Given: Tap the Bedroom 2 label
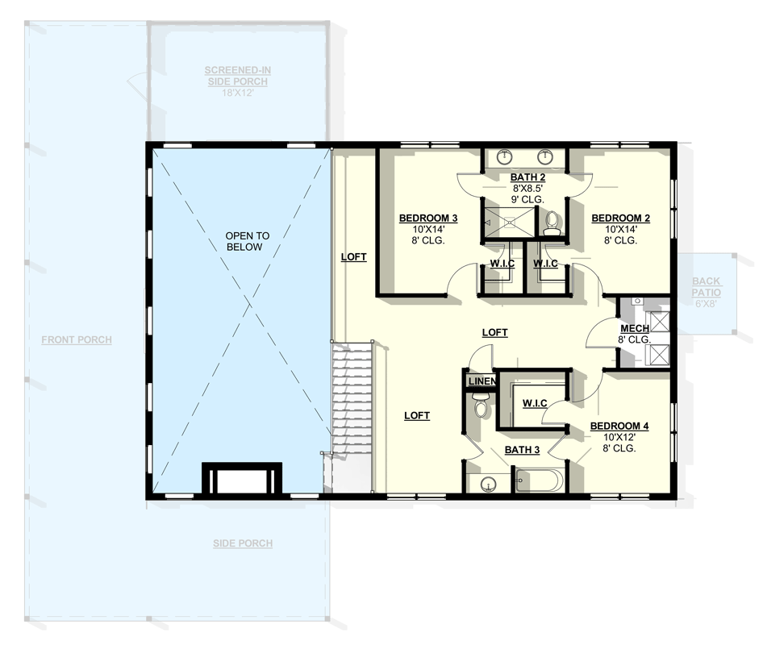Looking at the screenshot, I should pyautogui.click(x=620, y=218).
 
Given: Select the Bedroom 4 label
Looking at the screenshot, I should pyautogui.click(x=619, y=426).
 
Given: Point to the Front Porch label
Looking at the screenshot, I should pyautogui.click(x=77, y=339).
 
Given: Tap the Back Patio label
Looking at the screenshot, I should pyautogui.click(x=706, y=286).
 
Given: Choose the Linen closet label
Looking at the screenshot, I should pyautogui.click(x=481, y=381).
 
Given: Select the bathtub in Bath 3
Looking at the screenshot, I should pyautogui.click(x=539, y=481).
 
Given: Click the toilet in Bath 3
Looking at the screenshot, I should pyautogui.click(x=481, y=406).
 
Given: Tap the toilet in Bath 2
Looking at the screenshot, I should pyautogui.click(x=552, y=223).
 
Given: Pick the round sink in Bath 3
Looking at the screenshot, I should pyautogui.click(x=488, y=484).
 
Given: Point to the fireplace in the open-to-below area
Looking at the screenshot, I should pyautogui.click(x=241, y=479).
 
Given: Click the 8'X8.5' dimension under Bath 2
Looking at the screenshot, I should pyautogui.click(x=527, y=188).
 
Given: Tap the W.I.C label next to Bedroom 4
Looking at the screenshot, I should pyautogui.click(x=536, y=402).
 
